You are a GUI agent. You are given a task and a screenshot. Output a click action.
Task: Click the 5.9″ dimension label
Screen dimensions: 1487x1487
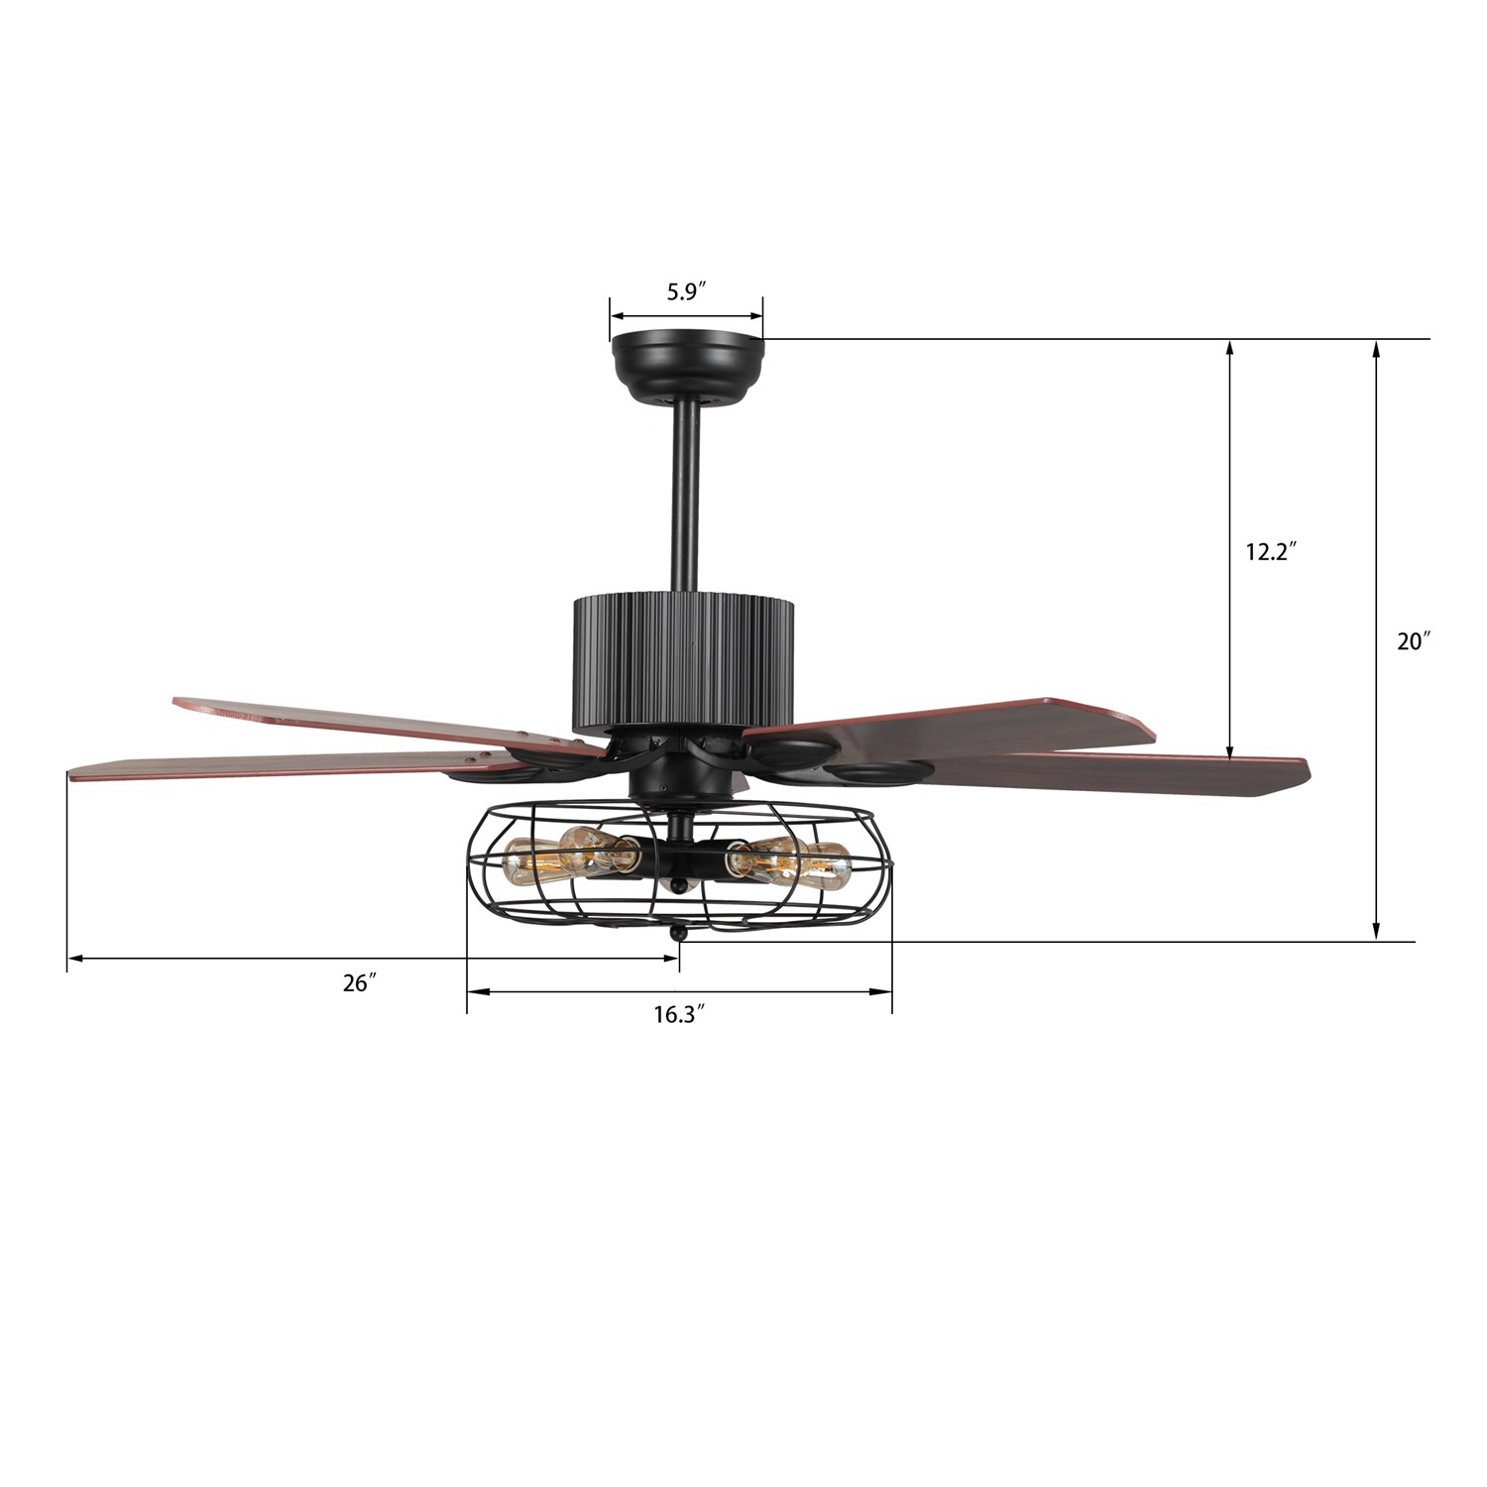pyautogui.click(x=685, y=291)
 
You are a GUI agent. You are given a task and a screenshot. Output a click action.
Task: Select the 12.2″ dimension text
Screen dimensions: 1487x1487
pyautogui.click(x=1272, y=552)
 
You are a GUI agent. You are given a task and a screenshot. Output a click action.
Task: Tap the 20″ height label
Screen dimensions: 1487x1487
pyautogui.click(x=1415, y=641)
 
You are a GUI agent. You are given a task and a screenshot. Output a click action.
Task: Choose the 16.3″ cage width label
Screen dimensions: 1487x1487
pyautogui.click(x=678, y=1015)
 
